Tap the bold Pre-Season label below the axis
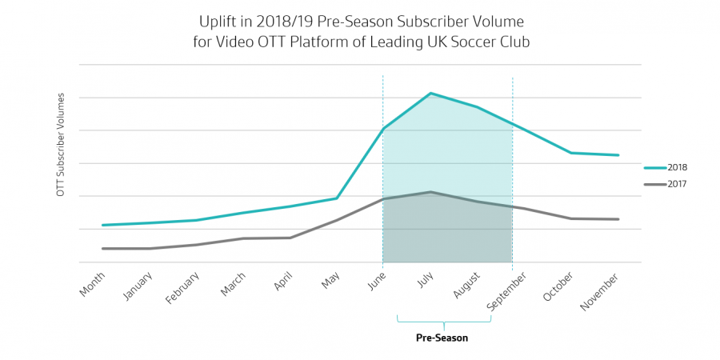tap(442, 338)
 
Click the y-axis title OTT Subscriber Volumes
tap(61, 144)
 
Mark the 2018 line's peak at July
tap(431, 94)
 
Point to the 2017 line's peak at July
tap(431, 192)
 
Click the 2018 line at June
tap(383, 129)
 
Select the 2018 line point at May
tap(337, 198)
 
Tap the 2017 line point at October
tap(570, 218)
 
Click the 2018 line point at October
tap(570, 153)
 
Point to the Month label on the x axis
tap(93, 285)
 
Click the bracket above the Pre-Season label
tap(444, 322)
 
